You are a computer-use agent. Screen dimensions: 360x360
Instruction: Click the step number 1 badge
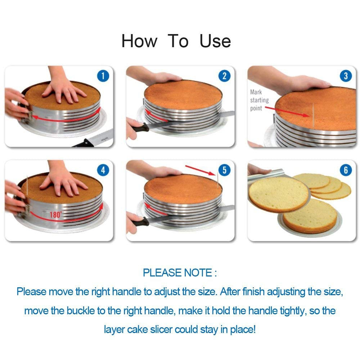pyautogui.click(x=103, y=76)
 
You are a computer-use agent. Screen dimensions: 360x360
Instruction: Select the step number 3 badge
pyautogui.click(x=346, y=76)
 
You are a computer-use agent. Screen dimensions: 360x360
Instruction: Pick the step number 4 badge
pyautogui.click(x=103, y=170)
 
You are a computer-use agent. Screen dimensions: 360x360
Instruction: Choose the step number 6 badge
pyautogui.click(x=346, y=170)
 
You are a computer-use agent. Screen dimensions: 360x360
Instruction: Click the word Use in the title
pyautogui.click(x=215, y=41)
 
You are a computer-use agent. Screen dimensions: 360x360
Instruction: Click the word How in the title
pyautogui.click(x=139, y=41)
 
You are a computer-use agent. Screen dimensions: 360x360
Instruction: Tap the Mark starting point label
pyautogui.click(x=259, y=100)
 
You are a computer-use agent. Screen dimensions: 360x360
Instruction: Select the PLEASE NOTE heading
pyautogui.click(x=180, y=273)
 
